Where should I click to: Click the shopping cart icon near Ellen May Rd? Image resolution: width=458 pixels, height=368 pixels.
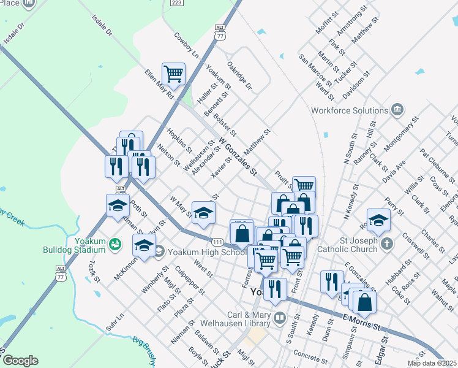[x=174, y=74]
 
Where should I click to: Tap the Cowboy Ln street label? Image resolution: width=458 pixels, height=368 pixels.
[x=187, y=45]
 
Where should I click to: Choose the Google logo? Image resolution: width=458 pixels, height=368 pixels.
[x=20, y=361]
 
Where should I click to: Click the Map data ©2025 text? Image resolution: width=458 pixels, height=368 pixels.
[x=431, y=363]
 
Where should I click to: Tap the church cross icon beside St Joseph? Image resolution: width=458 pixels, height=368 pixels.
[x=386, y=244]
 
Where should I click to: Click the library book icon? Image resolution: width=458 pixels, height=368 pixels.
[x=279, y=317]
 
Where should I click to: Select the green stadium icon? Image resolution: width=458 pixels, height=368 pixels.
[x=114, y=245]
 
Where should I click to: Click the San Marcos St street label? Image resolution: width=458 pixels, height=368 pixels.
[x=315, y=71]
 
